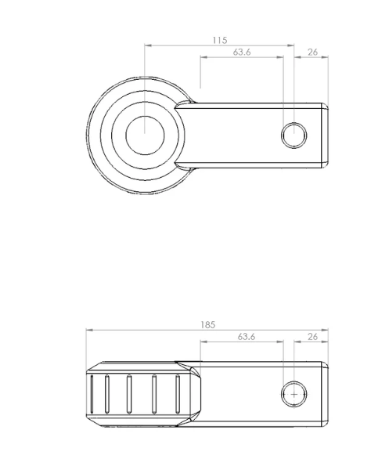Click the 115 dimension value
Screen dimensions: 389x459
pos(220,40)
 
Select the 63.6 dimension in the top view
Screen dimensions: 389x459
pos(242,52)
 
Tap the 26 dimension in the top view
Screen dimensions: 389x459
pos(312,52)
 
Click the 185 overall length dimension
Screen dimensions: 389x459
pos(208,324)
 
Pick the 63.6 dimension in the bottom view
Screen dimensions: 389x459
pos(247,337)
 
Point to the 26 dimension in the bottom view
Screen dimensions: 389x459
pos(312,337)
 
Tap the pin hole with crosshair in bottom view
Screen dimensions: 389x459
pos(294,394)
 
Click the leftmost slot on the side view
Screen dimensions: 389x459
pos(92,394)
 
